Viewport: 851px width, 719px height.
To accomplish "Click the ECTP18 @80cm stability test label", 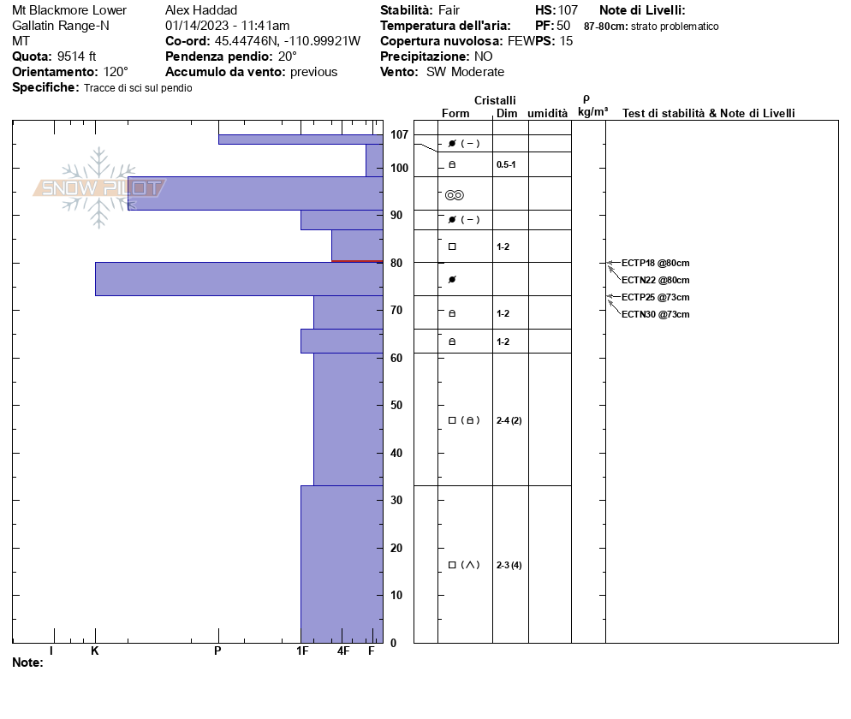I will click(x=655, y=263).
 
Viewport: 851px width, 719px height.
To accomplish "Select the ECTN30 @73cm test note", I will click(x=655, y=314).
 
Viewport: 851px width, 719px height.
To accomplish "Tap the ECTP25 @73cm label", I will click(x=655, y=297).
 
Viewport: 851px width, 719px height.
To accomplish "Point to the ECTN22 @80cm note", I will click(x=655, y=280).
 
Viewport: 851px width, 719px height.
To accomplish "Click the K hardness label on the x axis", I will click(x=95, y=651).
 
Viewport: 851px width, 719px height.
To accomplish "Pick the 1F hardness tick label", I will click(x=302, y=651).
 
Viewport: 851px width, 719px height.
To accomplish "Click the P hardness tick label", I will click(x=217, y=651).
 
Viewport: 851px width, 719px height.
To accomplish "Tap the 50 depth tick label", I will click(x=396, y=405).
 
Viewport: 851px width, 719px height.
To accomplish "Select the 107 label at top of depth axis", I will click(x=399, y=134).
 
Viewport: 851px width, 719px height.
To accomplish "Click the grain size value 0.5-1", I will click(x=506, y=164).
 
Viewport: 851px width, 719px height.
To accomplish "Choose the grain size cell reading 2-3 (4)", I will click(x=509, y=565).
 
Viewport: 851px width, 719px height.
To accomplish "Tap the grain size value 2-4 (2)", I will click(x=509, y=420).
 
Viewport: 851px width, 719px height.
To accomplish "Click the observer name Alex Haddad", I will click(x=201, y=10).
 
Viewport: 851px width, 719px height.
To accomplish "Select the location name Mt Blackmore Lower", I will click(x=69, y=10).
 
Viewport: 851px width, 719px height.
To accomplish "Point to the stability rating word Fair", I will click(x=449, y=10).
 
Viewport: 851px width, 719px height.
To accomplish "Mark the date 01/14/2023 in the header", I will click(x=199, y=26).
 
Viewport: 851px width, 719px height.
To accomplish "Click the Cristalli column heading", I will click(x=495, y=101).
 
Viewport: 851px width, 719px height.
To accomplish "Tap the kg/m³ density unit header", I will click(x=592, y=112).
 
